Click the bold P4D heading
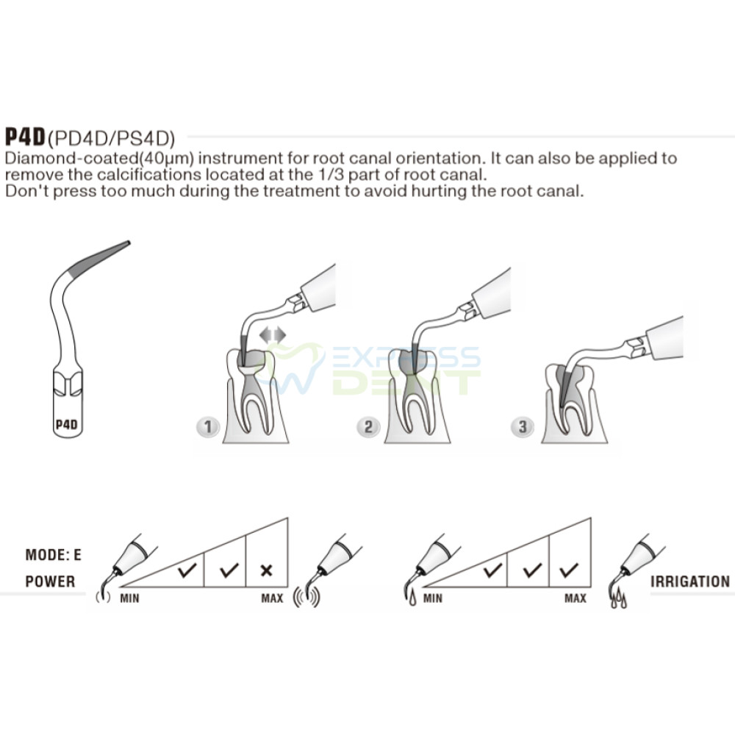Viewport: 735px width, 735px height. [25, 137]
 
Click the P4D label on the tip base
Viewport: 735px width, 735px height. [67, 425]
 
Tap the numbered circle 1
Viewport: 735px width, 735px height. [208, 427]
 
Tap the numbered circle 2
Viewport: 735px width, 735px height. [368, 427]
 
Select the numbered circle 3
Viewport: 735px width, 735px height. [522, 427]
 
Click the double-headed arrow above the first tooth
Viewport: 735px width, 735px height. [273, 334]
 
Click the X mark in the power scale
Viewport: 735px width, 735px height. [266, 570]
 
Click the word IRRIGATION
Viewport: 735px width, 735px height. [690, 581]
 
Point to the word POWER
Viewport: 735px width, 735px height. [50, 581]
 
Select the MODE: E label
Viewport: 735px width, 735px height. [54, 555]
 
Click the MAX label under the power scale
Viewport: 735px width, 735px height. [273, 598]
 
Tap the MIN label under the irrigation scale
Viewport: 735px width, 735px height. [432, 598]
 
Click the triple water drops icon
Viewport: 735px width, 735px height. [619, 599]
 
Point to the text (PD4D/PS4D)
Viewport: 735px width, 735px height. [112, 139]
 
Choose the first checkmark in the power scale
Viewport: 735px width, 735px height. [187, 570]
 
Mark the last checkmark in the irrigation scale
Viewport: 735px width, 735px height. [569, 570]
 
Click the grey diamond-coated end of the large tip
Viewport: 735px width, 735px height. [99, 257]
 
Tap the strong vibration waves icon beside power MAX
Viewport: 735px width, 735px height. [306, 598]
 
